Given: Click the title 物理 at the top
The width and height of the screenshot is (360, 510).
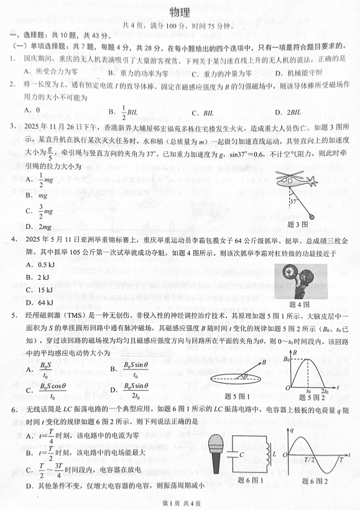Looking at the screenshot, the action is click(x=180, y=11).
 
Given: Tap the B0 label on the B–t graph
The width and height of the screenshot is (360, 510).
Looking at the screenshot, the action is click(x=287, y=359).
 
